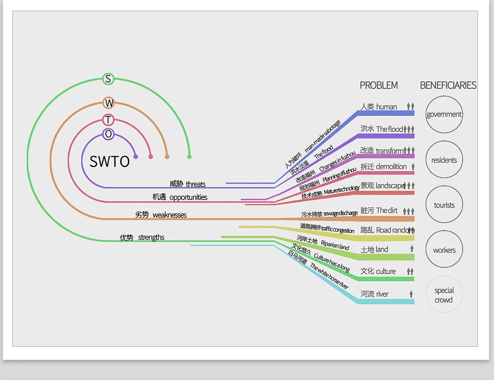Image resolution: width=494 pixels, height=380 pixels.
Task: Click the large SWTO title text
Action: click(x=110, y=161)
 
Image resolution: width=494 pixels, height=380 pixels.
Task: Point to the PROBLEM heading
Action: click(x=379, y=86)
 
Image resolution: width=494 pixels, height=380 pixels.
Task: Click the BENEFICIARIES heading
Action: click(x=448, y=86)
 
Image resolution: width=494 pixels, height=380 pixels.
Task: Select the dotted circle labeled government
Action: click(x=444, y=96)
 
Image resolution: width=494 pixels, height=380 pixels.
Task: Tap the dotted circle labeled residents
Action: click(x=444, y=141)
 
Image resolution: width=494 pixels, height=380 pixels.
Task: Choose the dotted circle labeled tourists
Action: click(x=444, y=186)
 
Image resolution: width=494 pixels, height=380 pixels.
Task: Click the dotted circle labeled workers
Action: click(x=444, y=231)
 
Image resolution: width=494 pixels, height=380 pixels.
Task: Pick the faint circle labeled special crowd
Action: click(x=444, y=276)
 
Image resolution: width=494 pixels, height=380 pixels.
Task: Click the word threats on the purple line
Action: click(x=196, y=184)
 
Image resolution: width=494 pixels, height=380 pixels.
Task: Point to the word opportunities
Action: click(x=188, y=197)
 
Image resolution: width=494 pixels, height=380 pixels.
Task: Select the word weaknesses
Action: click(x=169, y=215)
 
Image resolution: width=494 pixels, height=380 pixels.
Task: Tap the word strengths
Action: click(x=151, y=237)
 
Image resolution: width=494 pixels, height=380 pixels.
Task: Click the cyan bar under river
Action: click(x=386, y=302)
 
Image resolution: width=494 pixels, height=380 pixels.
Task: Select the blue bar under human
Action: click(x=386, y=113)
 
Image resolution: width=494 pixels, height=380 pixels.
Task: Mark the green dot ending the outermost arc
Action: click(x=189, y=157)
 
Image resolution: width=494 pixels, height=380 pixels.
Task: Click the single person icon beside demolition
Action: click(x=413, y=167)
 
